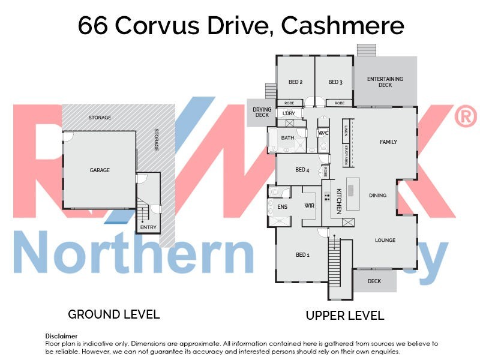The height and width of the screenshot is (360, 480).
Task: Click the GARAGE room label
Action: point(100,170)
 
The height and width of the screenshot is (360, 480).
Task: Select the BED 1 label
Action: point(302,255)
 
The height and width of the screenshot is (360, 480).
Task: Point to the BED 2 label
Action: point(295,82)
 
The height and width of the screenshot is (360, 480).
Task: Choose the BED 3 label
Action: point(335,82)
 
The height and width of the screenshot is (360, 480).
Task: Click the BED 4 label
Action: point(302,170)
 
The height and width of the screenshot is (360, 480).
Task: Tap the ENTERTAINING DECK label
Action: point(385,82)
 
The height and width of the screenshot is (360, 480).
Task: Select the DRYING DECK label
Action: point(262,113)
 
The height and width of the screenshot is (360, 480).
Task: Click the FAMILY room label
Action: point(388,142)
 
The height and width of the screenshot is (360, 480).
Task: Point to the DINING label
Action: point(378,195)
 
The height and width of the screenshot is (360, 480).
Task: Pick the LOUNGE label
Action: point(385,241)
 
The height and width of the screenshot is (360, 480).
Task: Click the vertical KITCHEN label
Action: point(338,201)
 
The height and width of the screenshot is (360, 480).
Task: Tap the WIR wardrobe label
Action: point(310,206)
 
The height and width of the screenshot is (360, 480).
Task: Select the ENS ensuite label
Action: point(283,207)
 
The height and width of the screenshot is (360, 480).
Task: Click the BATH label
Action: point(288,138)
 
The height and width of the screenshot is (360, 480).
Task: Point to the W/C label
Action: point(323,133)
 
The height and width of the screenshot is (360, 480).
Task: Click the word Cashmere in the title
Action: point(343,26)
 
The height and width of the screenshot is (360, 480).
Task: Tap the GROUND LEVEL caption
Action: point(114,314)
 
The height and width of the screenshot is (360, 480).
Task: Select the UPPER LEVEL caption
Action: point(345,316)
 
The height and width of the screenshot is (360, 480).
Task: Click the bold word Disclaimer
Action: point(61,336)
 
